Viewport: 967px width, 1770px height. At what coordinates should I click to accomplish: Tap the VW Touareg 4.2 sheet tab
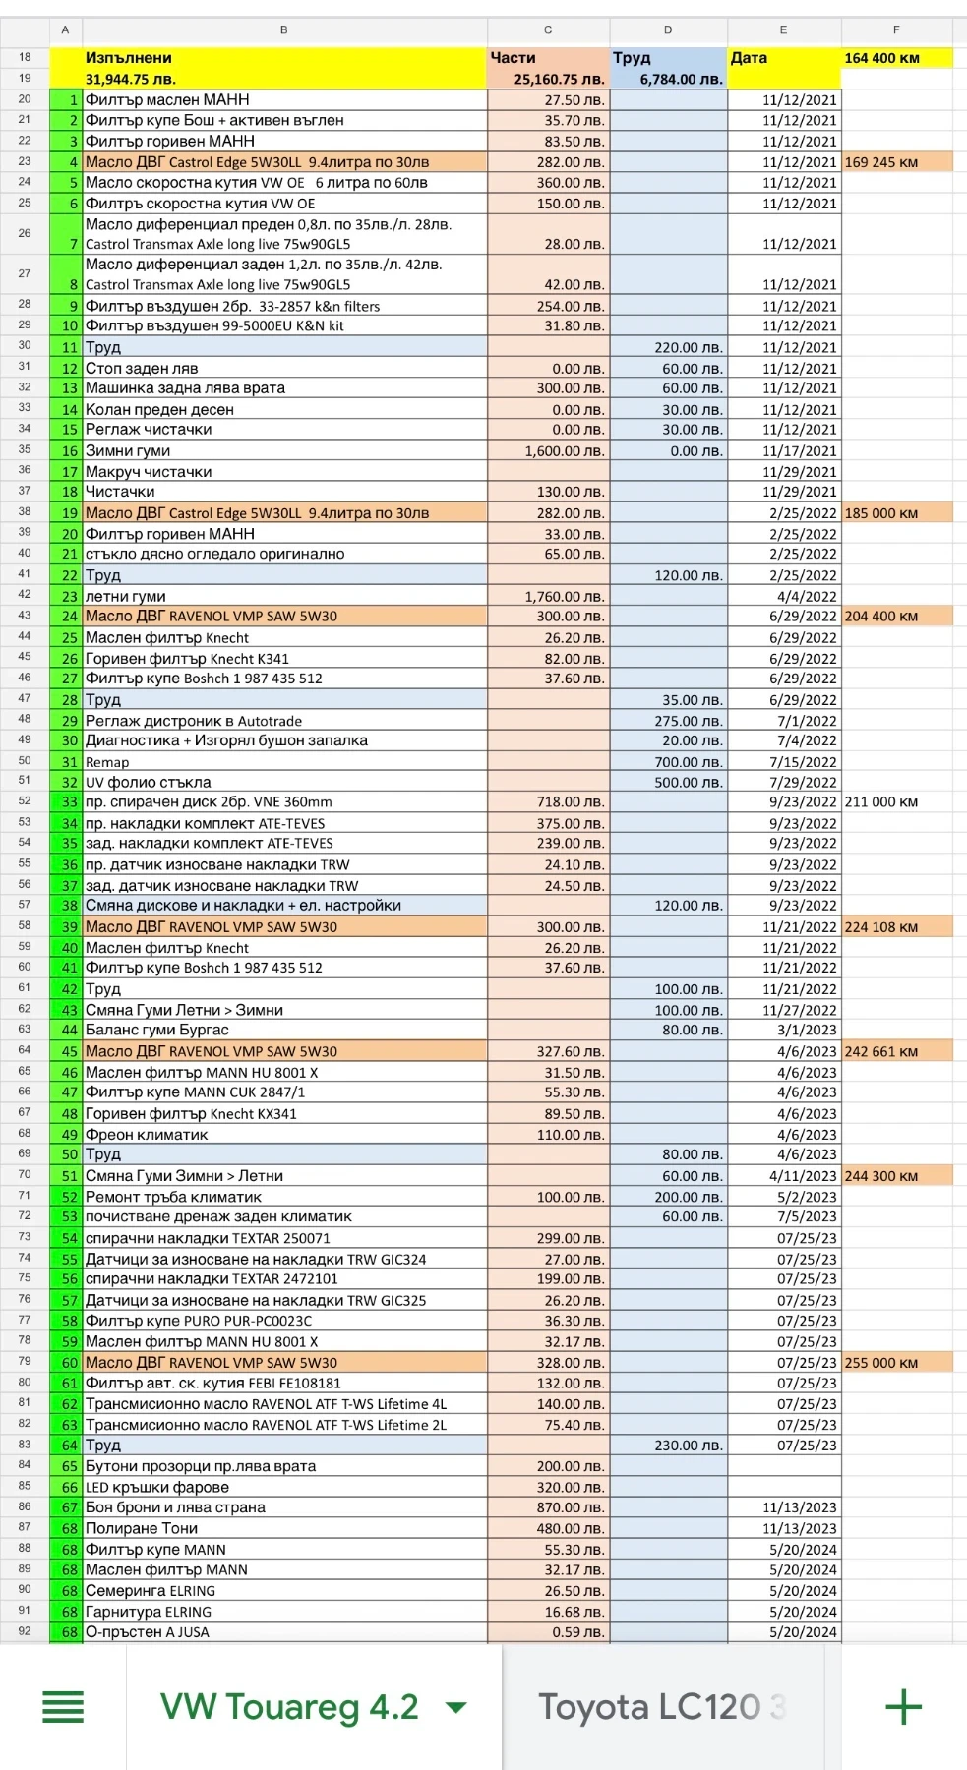(288, 1706)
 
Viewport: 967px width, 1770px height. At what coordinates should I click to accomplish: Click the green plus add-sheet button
(903, 1706)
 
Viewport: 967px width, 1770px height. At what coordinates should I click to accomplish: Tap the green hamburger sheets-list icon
(63, 1706)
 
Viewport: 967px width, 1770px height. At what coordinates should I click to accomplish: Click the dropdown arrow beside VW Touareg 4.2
(455, 1707)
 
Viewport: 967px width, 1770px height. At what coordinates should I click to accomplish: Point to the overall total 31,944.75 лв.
(131, 79)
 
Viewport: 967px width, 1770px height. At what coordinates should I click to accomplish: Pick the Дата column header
(749, 58)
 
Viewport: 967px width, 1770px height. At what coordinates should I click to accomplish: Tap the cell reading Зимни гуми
(128, 450)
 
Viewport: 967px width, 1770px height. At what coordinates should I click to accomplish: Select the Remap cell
(107, 762)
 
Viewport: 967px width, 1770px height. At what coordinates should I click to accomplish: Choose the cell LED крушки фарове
(157, 1487)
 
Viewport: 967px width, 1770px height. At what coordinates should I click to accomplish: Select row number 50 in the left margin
(25, 760)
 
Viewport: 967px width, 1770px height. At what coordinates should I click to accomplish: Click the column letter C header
(548, 29)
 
